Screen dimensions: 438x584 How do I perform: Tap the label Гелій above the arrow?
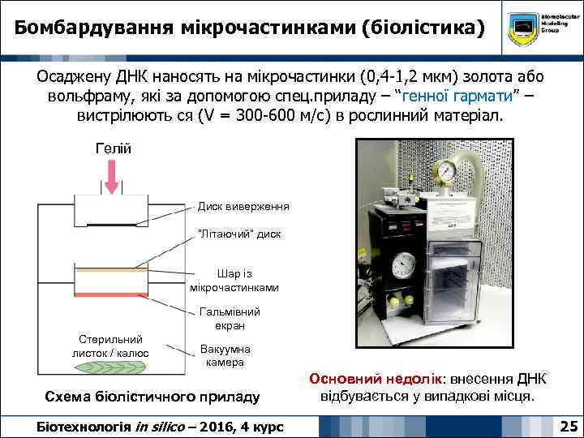click(x=112, y=148)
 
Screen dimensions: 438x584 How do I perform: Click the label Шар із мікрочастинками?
click(x=234, y=280)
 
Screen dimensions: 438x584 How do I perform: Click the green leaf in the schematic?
click(x=110, y=366)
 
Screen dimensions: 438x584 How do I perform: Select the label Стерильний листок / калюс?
click(x=110, y=346)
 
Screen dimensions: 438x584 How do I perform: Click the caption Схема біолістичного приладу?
click(x=152, y=397)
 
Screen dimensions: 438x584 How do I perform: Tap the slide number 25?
click(x=569, y=425)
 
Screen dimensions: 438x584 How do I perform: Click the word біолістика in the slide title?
click(x=419, y=29)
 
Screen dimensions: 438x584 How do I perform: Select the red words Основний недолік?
click(x=373, y=380)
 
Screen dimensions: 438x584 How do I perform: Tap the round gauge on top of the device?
click(x=445, y=170)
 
